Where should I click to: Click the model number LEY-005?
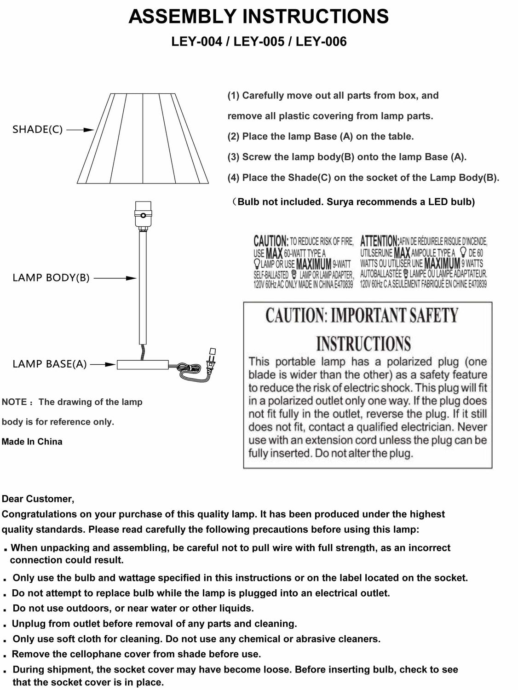tap(259, 42)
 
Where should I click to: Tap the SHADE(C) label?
tap(37, 129)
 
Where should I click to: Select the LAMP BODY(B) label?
tap(51, 278)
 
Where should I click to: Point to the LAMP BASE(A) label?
tap(49, 364)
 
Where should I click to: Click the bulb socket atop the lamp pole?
tap(143, 214)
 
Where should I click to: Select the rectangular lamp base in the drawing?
tap(143, 365)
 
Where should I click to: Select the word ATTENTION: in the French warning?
tap(380, 241)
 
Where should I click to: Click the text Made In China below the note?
tap(32, 442)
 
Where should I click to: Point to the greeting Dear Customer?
tap(38, 499)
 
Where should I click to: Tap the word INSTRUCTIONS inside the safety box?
tap(363, 343)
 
